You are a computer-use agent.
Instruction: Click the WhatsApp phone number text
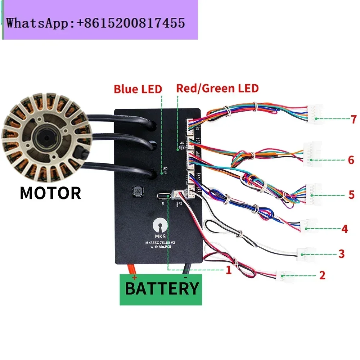(95, 23)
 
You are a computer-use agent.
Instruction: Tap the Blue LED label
(138, 89)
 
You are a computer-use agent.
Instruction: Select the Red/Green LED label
(217, 88)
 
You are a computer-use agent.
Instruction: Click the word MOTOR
(50, 193)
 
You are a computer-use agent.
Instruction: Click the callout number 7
(354, 119)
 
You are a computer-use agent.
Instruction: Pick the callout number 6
(351, 160)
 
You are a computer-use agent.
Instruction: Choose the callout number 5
(351, 195)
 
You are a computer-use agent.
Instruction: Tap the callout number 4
(345, 229)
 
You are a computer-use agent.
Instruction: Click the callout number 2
(322, 275)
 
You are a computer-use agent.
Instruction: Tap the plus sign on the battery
(134, 278)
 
